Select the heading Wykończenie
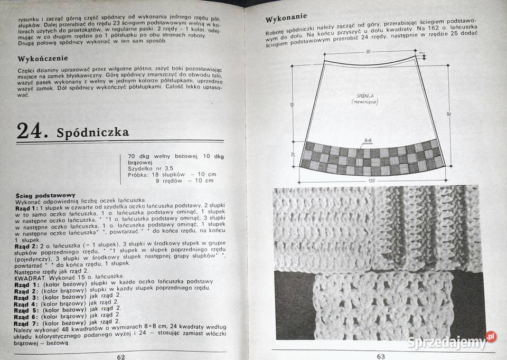43,58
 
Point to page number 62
121,356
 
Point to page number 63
381,356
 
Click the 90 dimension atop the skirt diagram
368,52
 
